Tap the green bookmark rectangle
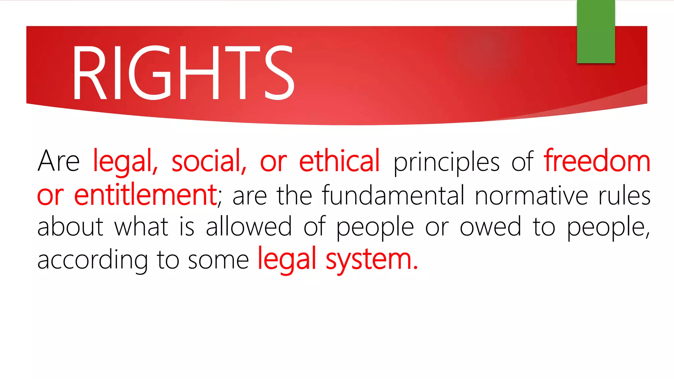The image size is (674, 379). (x=596, y=32)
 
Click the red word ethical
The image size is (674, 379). (x=339, y=161)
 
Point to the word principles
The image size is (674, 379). (x=446, y=162)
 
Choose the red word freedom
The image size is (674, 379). (x=597, y=161)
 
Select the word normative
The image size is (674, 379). (x=531, y=195)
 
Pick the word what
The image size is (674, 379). (x=142, y=227)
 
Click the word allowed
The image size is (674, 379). (x=249, y=227)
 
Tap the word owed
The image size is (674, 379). (x=490, y=227)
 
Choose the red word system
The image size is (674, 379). (x=372, y=260)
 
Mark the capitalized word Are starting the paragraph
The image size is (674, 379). (x=59, y=161)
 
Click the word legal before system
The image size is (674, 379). (x=287, y=260)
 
